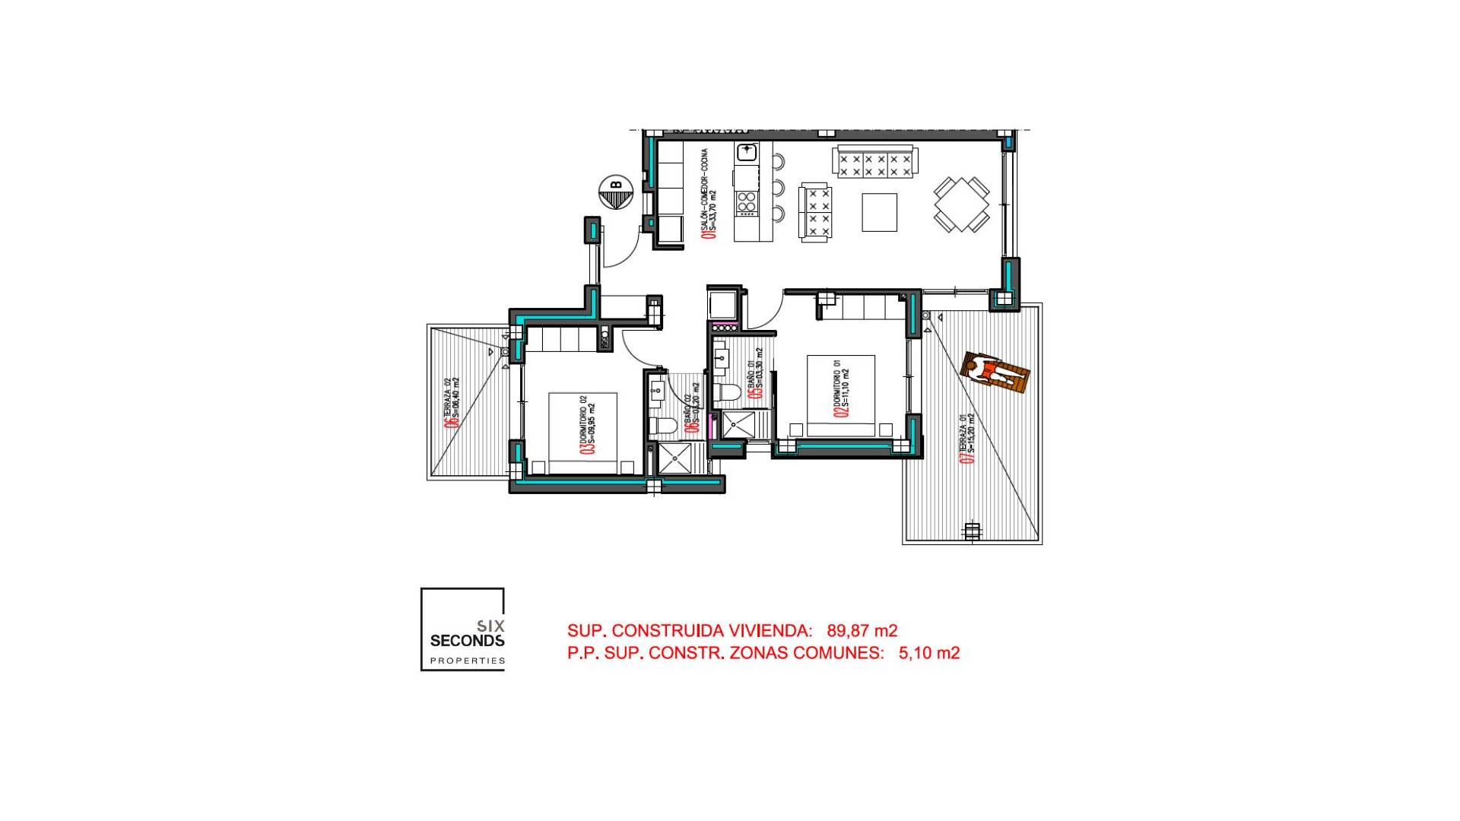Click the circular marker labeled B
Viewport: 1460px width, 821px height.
tap(616, 192)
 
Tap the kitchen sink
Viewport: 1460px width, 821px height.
tap(747, 152)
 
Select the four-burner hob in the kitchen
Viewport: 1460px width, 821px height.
tap(747, 201)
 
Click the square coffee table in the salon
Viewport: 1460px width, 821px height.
tap(879, 212)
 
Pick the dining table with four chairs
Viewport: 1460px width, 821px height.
tap(962, 204)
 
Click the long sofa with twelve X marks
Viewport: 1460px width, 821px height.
tap(874, 163)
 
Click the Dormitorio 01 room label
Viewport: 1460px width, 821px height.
tap(841, 388)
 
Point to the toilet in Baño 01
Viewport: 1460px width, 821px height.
tap(727, 393)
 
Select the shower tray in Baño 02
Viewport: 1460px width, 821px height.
tap(674, 458)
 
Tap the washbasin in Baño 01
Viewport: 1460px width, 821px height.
tap(720, 357)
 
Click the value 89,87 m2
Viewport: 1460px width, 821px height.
tap(862, 631)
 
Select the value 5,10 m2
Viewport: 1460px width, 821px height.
tap(928, 653)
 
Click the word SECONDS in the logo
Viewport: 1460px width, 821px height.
tap(467, 641)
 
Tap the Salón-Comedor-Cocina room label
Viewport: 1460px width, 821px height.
tap(709, 194)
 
